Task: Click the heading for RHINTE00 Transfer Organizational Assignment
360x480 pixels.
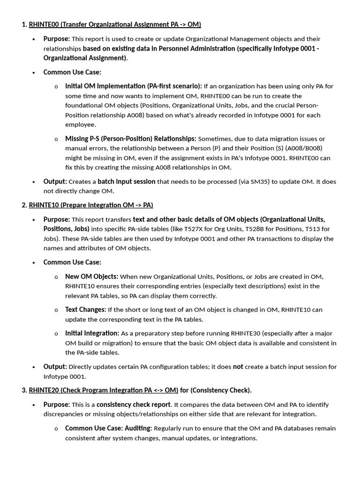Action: pos(115,24)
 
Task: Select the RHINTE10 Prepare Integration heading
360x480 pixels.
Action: pos(91,205)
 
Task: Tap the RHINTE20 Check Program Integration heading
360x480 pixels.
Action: pos(104,390)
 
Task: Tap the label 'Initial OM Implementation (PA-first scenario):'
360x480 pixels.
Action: pos(134,86)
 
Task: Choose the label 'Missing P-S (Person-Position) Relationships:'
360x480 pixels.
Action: pos(131,138)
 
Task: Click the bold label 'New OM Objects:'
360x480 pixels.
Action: pos(91,276)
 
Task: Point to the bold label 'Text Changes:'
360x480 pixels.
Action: pos(85,309)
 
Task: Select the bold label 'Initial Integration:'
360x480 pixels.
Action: pos(92,333)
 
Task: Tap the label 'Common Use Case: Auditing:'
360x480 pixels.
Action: pos(108,428)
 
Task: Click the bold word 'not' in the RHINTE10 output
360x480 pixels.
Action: pos(238,367)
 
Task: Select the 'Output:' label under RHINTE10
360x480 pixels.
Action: pos(55,367)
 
